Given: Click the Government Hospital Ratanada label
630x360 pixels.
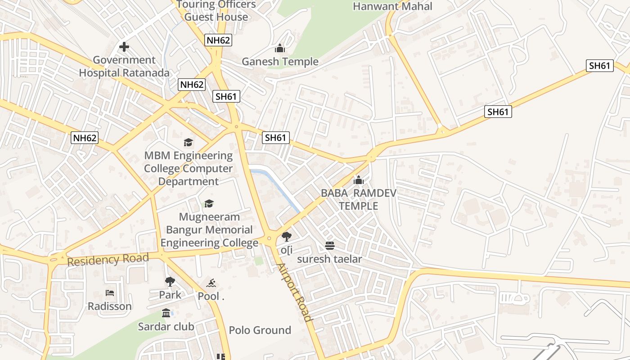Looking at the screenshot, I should pos(124,66).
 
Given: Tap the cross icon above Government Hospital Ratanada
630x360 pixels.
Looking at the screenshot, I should pos(124,47).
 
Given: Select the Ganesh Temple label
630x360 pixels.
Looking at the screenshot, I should pos(280,62).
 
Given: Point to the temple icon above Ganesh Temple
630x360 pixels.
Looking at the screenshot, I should pos(280,48).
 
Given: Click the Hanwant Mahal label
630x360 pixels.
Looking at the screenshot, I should pos(392,6).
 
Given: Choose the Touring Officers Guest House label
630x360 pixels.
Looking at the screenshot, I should pos(216,11).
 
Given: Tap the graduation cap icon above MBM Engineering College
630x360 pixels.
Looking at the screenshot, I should pos(189,143).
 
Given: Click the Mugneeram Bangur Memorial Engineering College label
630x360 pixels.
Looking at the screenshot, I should pos(209,230).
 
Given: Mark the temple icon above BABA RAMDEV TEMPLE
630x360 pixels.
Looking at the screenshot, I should pos(359,180).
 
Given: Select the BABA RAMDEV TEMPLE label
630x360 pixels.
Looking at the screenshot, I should pos(359,199).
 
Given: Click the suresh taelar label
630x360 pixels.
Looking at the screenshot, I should pos(329,259).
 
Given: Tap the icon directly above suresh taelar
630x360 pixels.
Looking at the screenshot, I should pos(330,246).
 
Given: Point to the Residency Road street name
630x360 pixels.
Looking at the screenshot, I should pos(108,260).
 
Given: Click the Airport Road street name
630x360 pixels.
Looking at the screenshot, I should pos(294,292).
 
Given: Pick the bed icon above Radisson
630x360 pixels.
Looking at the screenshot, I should pos(110,293).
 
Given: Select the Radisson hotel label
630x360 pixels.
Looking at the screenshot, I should pos(110,306).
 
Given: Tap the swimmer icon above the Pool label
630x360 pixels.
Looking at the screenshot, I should pos(211,283).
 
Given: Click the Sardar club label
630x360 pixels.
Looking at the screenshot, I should pos(166,326).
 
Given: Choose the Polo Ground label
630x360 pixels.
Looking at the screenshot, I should pos(260,330).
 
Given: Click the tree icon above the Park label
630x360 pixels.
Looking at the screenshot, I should pos(170,282).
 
